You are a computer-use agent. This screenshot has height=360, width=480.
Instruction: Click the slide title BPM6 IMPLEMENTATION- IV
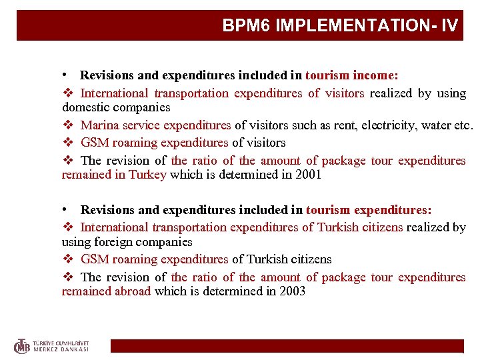point(340,26)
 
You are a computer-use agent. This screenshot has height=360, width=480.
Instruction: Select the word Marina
point(100,125)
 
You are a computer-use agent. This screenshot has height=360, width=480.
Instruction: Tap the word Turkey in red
point(148,175)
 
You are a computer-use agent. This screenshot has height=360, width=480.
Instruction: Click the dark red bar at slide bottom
point(287,346)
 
